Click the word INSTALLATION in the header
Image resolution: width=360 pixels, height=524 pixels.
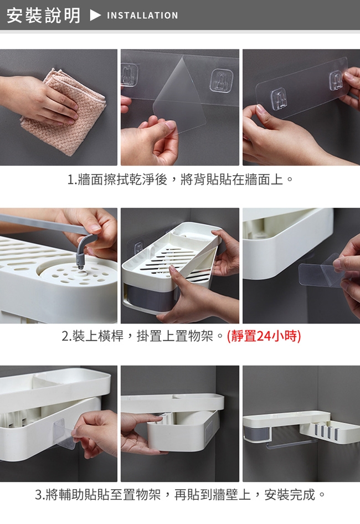point(142,16)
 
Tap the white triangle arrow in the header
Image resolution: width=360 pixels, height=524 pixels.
point(95,16)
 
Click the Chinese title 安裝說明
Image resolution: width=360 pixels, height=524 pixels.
point(43,16)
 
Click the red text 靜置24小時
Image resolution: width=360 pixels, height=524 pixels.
point(264,336)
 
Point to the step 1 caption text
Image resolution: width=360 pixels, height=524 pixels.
point(180,180)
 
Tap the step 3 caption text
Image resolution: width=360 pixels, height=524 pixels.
point(180,495)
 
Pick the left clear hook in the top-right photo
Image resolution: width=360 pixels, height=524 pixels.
point(279,98)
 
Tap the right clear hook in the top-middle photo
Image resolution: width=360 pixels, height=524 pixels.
point(220,80)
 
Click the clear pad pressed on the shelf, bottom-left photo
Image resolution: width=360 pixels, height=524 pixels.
point(64,433)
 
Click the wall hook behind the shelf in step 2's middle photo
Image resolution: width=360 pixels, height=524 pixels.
point(139,246)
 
